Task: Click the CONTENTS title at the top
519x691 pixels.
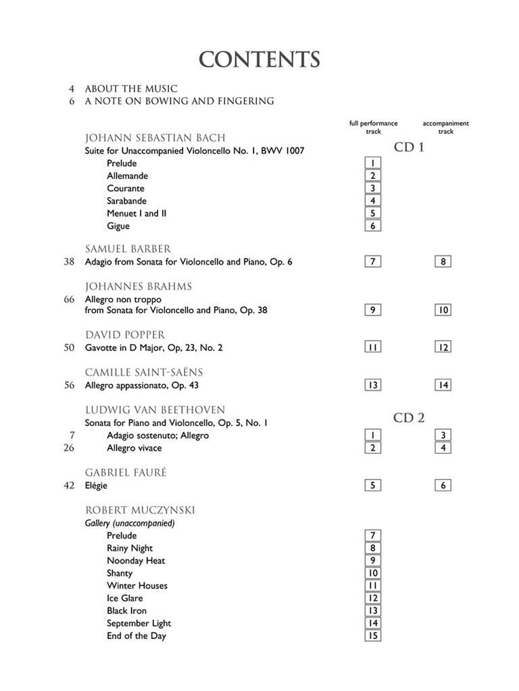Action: (259, 60)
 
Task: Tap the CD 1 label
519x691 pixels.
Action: (409, 147)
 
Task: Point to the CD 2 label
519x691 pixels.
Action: (409, 418)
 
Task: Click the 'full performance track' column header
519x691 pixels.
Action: (373, 128)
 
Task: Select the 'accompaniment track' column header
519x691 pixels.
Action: (445, 128)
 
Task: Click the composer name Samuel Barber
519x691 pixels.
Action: (128, 249)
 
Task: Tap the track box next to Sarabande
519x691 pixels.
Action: (372, 200)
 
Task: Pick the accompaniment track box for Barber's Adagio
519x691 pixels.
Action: (443, 262)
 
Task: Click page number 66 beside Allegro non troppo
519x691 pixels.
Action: (70, 299)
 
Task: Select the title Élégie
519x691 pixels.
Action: (97, 485)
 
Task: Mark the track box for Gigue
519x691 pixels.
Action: (372, 226)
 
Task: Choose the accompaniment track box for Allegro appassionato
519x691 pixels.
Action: (443, 385)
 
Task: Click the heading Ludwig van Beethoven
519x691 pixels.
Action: (155, 410)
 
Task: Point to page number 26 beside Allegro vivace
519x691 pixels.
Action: (69, 448)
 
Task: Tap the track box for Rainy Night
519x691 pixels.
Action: (372, 549)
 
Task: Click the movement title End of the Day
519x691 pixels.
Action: (136, 636)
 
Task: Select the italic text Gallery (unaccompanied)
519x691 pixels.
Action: (130, 523)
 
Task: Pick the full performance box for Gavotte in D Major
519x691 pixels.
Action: (372, 348)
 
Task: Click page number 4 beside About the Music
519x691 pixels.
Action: (72, 88)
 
